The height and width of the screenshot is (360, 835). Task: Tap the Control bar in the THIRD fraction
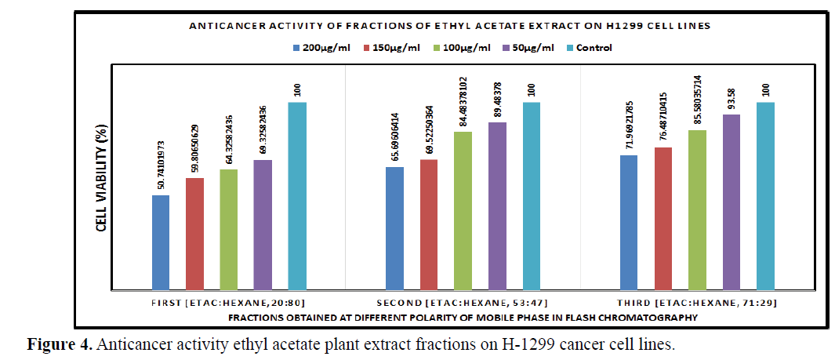pyautogui.click(x=765, y=195)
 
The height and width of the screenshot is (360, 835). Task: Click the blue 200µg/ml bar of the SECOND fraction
pyautogui.click(x=394, y=227)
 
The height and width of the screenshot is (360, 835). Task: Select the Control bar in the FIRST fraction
pyautogui.click(x=297, y=195)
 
